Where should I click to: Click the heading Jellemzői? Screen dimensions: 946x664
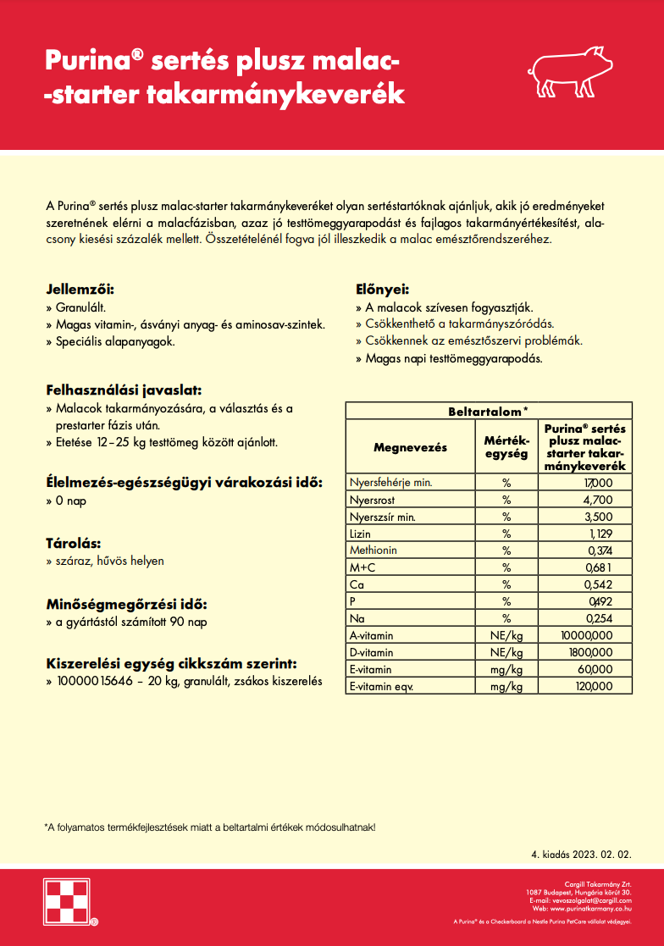[x=80, y=289]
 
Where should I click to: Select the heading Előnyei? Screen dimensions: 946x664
[x=382, y=289]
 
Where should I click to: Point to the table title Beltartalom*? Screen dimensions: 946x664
[x=488, y=411]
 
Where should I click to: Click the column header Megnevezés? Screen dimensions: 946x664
[x=410, y=446]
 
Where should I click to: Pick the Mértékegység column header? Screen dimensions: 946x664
[x=506, y=446]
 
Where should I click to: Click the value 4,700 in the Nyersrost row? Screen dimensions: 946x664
[x=597, y=500]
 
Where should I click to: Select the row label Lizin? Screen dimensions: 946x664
[x=360, y=534]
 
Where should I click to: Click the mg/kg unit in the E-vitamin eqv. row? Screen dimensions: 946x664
[x=506, y=686]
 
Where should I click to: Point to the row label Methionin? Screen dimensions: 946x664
[x=373, y=550]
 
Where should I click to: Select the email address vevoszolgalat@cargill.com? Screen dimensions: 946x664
[x=592, y=900]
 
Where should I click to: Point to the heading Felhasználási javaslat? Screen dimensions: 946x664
[x=124, y=390]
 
